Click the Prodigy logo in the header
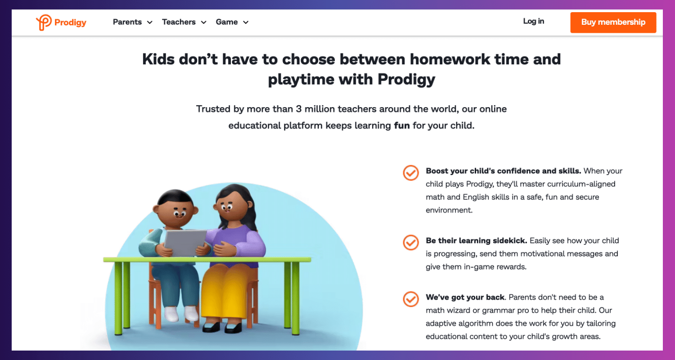tap(61, 22)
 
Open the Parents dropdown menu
tap(133, 22)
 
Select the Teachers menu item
tap(184, 22)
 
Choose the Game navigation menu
tap(232, 22)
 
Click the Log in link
tap(533, 21)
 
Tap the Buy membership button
tap(613, 22)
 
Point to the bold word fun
tap(402, 125)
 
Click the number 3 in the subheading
tap(299, 109)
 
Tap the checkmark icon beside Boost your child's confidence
tap(411, 173)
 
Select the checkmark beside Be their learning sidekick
tap(411, 242)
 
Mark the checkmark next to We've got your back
tap(411, 299)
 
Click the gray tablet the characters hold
tap(184, 243)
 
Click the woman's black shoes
tap(222, 327)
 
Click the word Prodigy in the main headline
tap(406, 80)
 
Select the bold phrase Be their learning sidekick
tap(476, 240)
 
